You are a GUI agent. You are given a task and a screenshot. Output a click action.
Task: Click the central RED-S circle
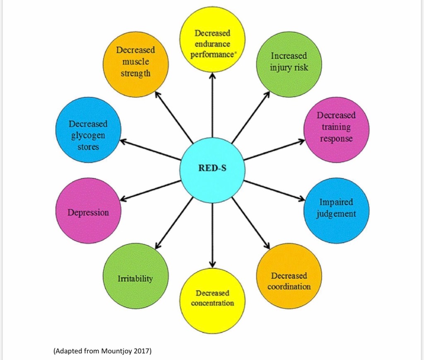(x=212, y=170)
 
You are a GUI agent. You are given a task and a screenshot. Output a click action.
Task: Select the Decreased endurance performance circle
(x=212, y=39)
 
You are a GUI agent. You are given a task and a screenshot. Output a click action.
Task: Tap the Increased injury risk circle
(x=289, y=64)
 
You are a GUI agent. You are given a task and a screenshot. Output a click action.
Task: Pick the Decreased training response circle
(x=336, y=130)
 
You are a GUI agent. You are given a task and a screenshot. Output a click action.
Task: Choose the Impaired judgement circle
(x=336, y=210)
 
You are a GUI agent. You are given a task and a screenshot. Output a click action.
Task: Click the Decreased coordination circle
(x=289, y=276)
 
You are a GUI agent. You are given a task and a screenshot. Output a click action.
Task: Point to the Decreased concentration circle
(x=212, y=300)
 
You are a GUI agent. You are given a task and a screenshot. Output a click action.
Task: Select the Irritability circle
(x=135, y=276)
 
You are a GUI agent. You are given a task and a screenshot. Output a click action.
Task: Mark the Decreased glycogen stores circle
(x=88, y=130)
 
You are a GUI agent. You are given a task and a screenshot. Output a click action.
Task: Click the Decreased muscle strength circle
(x=135, y=64)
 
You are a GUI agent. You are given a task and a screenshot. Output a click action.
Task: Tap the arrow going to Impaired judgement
(x=274, y=190)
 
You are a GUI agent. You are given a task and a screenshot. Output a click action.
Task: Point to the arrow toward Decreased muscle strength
(x=174, y=117)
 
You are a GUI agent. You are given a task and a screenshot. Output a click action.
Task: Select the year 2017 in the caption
(x=142, y=352)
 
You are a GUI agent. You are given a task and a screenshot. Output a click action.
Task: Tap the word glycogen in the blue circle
(x=87, y=135)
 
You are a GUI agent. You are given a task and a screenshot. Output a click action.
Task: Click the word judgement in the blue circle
(x=336, y=214)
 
